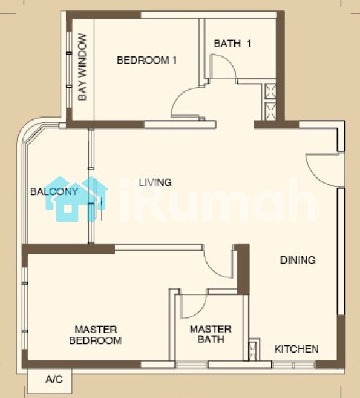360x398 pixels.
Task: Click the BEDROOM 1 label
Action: click(146, 60)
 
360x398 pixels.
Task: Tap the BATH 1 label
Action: click(232, 44)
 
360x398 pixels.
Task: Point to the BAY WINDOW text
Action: click(82, 67)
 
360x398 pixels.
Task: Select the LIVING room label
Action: click(155, 182)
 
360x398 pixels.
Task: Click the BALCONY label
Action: click(54, 191)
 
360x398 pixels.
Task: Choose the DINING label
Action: click(298, 260)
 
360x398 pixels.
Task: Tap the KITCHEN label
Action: click(296, 349)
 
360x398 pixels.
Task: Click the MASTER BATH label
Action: click(211, 334)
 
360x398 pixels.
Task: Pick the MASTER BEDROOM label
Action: click(96, 335)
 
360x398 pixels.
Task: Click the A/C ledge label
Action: click(54, 379)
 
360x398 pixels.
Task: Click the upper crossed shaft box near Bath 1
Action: click(270, 91)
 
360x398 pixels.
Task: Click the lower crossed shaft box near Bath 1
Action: click(270, 111)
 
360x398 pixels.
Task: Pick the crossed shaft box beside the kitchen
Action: click(254, 351)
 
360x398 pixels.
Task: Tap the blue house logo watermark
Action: click(77, 199)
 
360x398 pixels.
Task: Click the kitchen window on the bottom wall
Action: click(293, 365)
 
